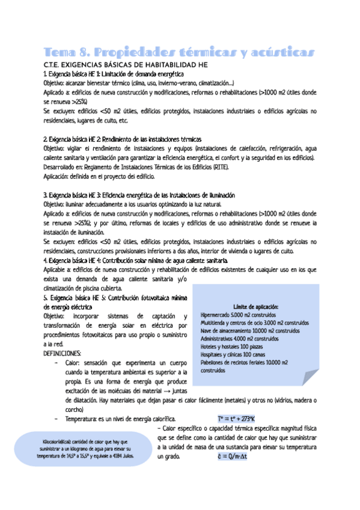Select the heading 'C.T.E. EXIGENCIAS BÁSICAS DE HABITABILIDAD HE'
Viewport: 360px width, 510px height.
pyautogui.click(x=126, y=64)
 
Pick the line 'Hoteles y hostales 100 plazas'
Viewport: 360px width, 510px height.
pyautogui.click(x=237, y=347)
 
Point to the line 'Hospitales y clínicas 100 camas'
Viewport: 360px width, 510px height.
pyautogui.click(x=239, y=355)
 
